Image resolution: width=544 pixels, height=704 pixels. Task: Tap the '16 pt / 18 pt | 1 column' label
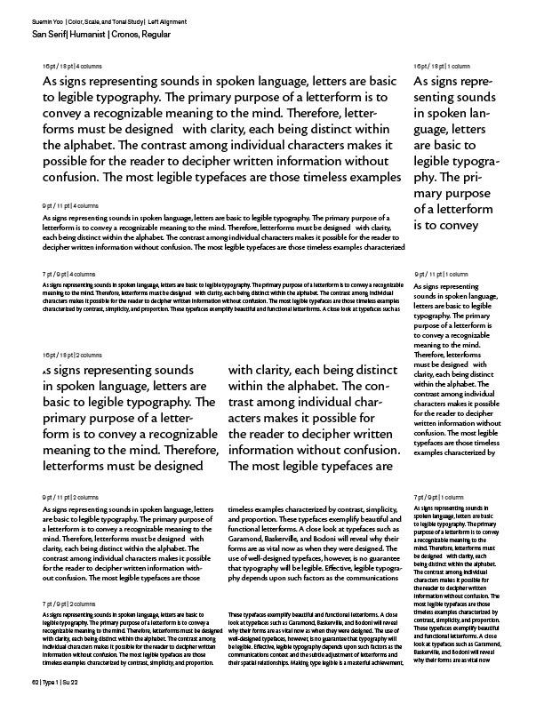[442, 67]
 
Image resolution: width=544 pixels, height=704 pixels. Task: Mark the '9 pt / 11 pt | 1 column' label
[441, 275]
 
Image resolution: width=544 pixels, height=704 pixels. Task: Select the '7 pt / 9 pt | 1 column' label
[438, 497]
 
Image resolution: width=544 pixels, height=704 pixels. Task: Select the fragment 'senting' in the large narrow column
[436, 98]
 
